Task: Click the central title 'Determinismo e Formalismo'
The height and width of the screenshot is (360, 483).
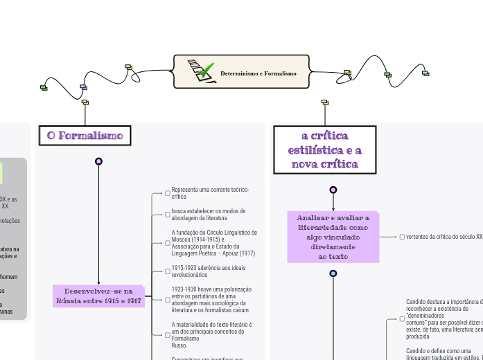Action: (258, 73)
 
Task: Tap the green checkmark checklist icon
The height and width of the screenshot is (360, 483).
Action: (201, 71)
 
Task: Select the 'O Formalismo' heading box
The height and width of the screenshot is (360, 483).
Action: (85, 136)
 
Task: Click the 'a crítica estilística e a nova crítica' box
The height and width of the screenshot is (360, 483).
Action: (325, 150)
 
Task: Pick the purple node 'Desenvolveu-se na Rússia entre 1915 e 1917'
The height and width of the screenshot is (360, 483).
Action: (98, 296)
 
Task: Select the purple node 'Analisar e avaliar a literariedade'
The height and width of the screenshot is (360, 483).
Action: (333, 237)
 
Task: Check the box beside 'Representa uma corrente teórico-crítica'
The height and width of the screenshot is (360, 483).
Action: (167, 193)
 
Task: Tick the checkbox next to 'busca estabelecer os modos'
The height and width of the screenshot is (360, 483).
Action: (167, 214)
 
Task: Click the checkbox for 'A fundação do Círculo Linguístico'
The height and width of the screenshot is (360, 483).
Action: (167, 243)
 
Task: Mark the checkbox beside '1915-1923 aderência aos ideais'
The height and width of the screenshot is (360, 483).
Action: (167, 271)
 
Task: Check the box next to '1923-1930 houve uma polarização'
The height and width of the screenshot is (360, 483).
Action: (167, 299)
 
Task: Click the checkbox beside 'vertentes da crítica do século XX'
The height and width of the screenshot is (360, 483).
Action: (402, 237)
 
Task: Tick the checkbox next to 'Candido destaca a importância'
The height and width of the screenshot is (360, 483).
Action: (402, 318)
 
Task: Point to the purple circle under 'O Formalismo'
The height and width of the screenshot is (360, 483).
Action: (98, 161)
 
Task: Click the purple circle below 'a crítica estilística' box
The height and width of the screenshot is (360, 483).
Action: (333, 190)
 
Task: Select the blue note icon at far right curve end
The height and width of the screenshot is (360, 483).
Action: (425, 73)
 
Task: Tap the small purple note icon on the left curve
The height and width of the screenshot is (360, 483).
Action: (84, 87)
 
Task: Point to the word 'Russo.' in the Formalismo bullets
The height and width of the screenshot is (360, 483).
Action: (179, 345)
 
